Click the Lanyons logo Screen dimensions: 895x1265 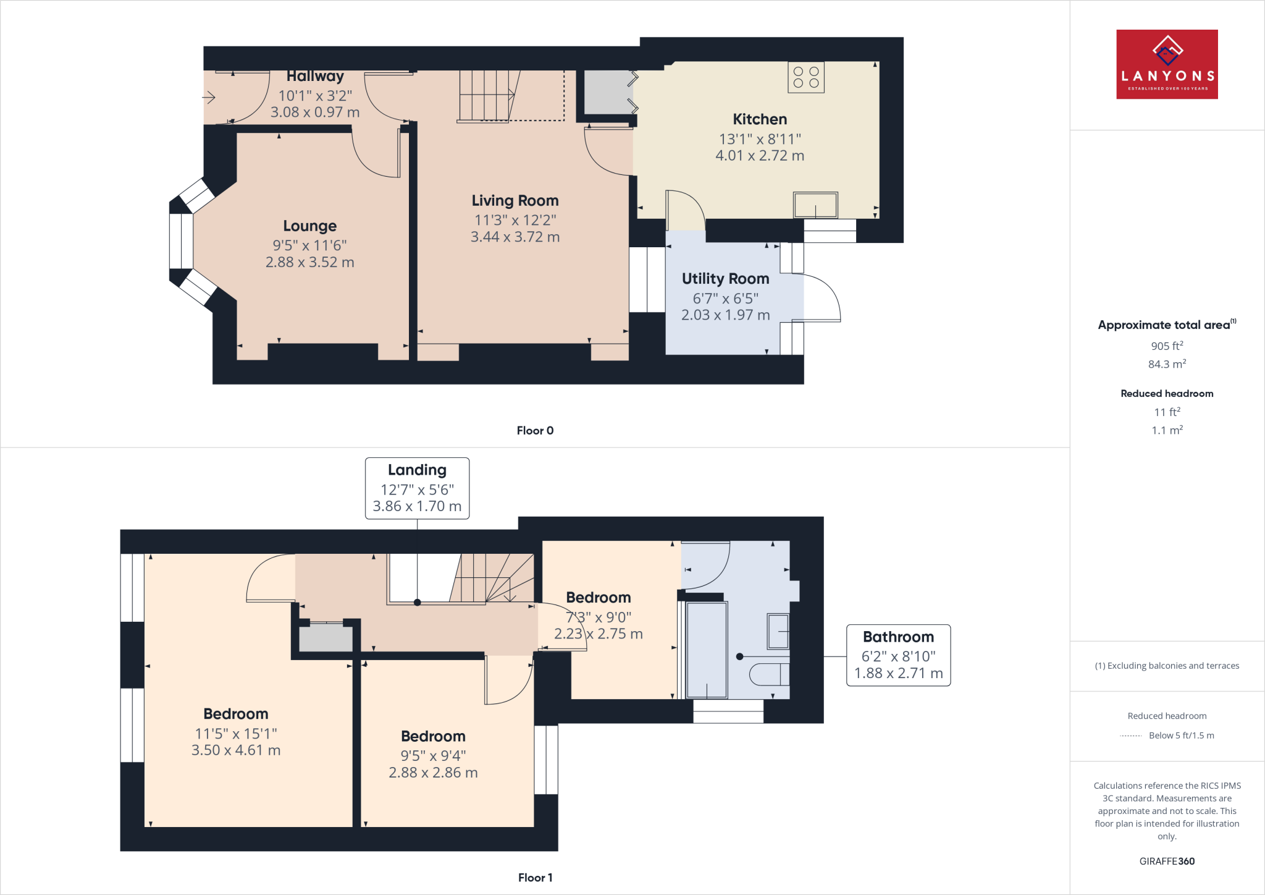[1167, 64]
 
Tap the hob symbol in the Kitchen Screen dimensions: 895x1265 [805, 77]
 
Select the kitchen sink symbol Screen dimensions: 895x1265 [815, 205]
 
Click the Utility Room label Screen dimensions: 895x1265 [725, 279]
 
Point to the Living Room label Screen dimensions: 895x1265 [515, 201]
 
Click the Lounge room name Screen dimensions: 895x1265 [309, 226]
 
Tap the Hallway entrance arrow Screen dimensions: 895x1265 [209, 98]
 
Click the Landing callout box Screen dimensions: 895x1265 [417, 488]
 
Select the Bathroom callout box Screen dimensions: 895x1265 [897, 655]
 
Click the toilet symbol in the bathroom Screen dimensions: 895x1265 [770, 674]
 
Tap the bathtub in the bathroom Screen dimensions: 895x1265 [707, 650]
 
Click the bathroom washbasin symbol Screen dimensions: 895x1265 [778, 631]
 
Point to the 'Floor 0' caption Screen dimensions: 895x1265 [535, 431]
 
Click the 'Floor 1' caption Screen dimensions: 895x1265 [535, 878]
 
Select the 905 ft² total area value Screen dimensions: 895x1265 [1166, 346]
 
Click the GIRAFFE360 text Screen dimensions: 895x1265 [1166, 861]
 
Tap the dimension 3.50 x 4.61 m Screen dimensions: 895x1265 [235, 750]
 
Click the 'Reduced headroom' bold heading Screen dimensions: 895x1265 [1166, 394]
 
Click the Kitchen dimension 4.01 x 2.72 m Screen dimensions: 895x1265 [759, 156]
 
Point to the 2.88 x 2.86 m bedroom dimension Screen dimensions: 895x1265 [433, 773]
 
